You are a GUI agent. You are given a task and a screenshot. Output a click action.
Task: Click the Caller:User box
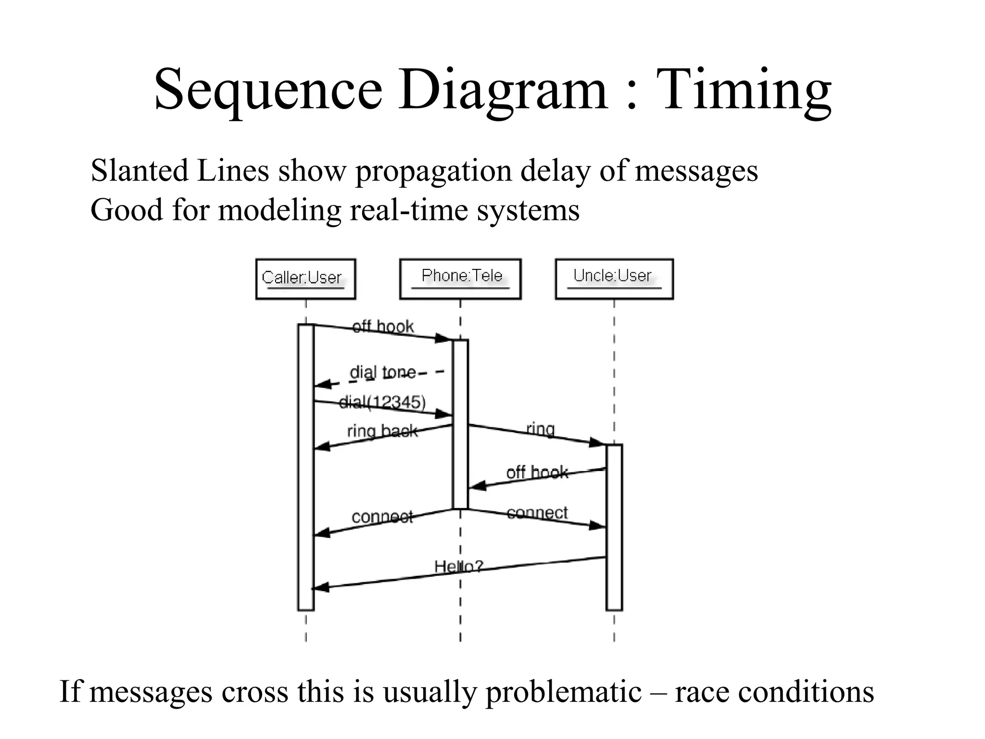[305, 279]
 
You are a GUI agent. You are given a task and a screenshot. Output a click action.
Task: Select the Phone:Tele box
[460, 279]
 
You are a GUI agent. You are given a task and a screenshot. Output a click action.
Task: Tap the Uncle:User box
[614, 279]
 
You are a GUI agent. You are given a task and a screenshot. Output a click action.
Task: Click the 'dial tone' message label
[382, 372]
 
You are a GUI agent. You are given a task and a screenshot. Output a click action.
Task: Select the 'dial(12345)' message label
[382, 402]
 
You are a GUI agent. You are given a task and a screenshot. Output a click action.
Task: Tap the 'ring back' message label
[382, 431]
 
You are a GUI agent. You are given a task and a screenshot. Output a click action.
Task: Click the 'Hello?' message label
[458, 566]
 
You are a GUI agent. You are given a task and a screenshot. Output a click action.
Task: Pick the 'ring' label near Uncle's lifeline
[541, 428]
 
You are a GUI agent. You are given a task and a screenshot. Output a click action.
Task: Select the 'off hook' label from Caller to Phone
[383, 327]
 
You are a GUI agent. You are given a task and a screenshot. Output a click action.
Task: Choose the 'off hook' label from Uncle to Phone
[537, 472]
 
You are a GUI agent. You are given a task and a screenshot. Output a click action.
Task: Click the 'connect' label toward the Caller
[382, 517]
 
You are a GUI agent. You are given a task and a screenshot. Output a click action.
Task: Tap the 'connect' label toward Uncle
[537, 513]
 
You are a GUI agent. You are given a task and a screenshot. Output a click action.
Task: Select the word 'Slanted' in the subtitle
[139, 171]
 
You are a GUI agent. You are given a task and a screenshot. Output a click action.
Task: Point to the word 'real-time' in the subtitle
[409, 210]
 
